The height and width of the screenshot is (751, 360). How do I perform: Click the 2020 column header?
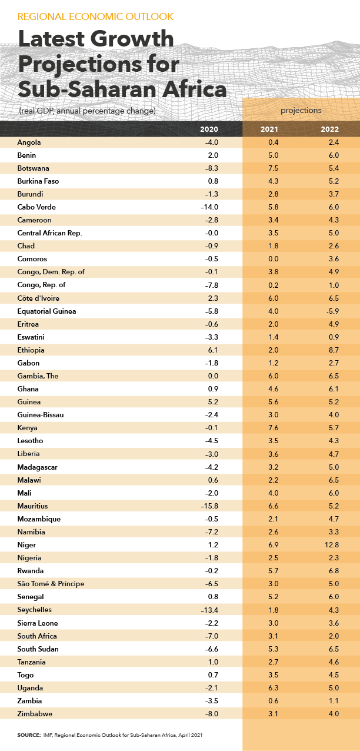tap(209, 129)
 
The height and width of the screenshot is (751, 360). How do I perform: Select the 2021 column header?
tap(269, 129)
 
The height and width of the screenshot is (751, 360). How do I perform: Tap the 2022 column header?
tap(329, 129)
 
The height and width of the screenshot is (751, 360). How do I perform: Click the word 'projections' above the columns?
tap(301, 110)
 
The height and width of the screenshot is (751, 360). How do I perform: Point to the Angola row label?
tap(30, 142)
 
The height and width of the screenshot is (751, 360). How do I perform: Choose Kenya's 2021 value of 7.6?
tap(272, 428)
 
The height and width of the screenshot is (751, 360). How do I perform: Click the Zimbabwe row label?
tap(36, 714)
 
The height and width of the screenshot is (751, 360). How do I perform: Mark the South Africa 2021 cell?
tap(272, 636)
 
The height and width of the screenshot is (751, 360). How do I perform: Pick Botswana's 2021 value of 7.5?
tap(272, 168)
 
